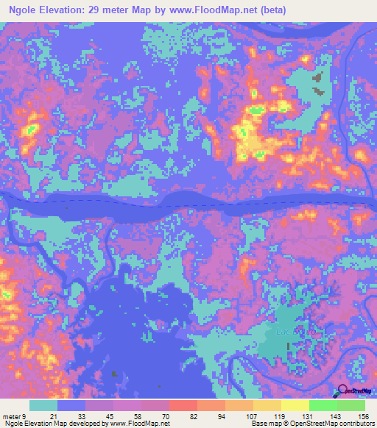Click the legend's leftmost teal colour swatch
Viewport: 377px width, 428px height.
tap(43, 405)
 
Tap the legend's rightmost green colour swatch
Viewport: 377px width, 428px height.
tap(351, 405)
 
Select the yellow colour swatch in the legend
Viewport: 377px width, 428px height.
tap(295, 405)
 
